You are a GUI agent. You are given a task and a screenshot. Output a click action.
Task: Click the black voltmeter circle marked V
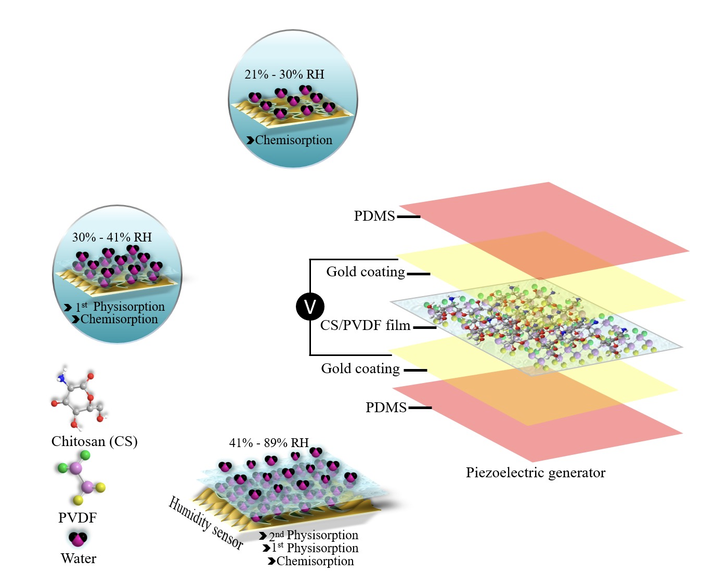(x=310, y=307)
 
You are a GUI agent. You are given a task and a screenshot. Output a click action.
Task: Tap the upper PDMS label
(x=374, y=216)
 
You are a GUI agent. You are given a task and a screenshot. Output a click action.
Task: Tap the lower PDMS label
(x=386, y=408)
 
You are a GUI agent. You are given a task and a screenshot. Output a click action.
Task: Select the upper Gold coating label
(x=366, y=272)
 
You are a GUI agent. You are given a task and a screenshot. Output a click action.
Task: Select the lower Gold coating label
(x=360, y=368)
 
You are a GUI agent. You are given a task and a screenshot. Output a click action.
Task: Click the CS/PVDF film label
(x=365, y=326)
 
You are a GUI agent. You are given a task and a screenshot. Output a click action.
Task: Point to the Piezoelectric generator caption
(x=535, y=473)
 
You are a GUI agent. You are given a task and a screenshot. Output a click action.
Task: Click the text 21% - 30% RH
(x=284, y=74)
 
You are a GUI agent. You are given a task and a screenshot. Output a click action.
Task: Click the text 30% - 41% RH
(x=112, y=237)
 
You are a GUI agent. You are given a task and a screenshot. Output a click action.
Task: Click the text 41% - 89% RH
(x=269, y=443)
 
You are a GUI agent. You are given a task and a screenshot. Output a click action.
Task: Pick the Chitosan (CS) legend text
(x=94, y=441)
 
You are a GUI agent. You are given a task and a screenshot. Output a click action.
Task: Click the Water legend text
(x=79, y=558)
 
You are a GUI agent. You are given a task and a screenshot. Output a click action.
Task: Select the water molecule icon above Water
(x=78, y=538)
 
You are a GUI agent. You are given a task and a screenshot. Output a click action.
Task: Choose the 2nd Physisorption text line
(x=313, y=535)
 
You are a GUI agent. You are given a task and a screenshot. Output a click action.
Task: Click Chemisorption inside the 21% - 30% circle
(x=293, y=140)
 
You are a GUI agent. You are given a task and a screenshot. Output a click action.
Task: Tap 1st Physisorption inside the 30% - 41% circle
(x=120, y=307)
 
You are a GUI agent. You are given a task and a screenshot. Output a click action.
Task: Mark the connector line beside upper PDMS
(x=409, y=217)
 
